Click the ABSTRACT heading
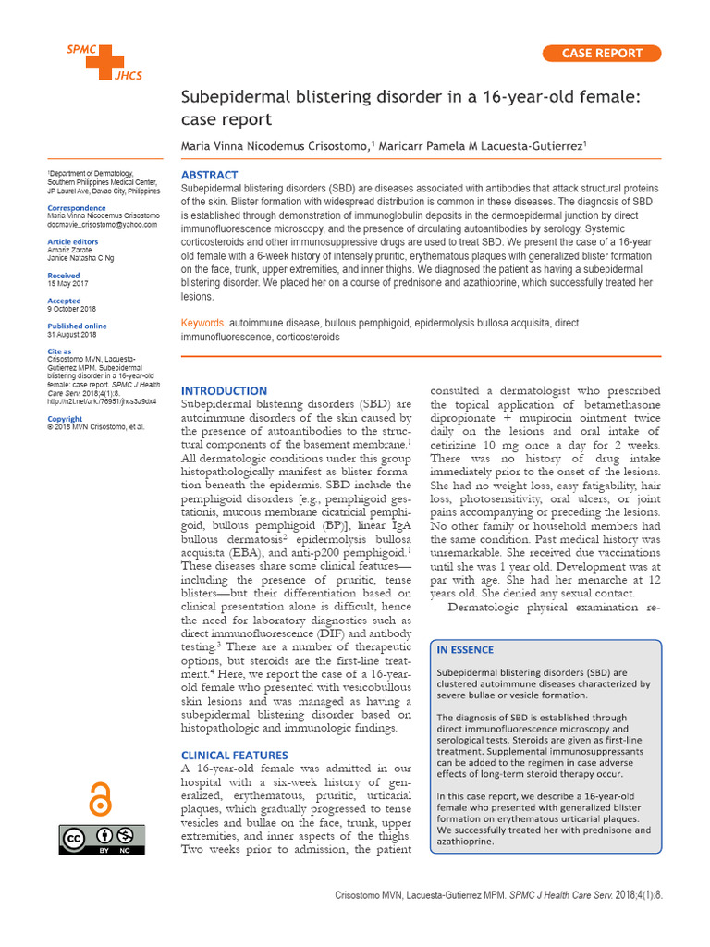point(209,175)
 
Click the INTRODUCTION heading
point(224,391)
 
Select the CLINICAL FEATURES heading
point(234,756)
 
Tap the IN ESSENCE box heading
point(466,650)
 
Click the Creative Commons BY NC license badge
point(99,838)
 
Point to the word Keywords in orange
point(202,325)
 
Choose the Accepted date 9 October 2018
point(71,309)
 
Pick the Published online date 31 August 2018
point(71,334)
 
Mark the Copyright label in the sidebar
point(64,419)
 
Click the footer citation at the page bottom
point(510,899)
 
